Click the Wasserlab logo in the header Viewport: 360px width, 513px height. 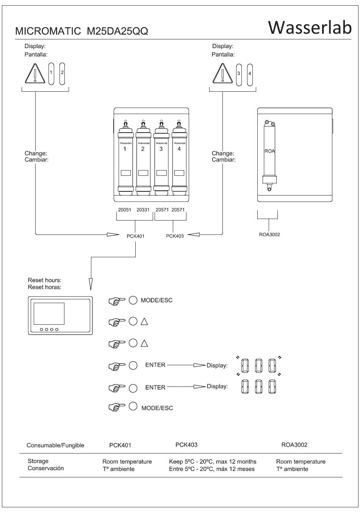tap(310, 28)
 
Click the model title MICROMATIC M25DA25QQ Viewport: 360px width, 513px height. tap(81, 31)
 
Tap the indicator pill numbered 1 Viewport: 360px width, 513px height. tap(51, 74)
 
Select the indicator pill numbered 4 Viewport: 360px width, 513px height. tap(250, 75)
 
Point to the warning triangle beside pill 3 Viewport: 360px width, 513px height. tap(222, 73)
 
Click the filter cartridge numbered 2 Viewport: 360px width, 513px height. tap(143, 158)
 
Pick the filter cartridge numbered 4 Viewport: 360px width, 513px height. tap(179, 158)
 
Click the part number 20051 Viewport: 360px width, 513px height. tap(125, 210)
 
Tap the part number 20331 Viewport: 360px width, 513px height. tap(143, 210)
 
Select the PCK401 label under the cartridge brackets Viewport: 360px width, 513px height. tap(136, 236)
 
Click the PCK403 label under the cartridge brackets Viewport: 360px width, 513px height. tap(175, 236)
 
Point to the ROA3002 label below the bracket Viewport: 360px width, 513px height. tap(269, 235)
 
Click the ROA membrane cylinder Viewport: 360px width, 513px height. tap(269, 156)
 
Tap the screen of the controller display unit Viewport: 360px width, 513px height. tap(49, 314)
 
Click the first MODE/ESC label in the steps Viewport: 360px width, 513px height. tap(157, 300)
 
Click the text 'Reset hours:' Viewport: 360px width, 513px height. tap(44, 280)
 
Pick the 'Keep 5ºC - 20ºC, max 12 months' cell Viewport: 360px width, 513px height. tap(213, 461)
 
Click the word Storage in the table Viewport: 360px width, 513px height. tap(38, 461)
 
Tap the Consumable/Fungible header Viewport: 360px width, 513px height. tap(55, 445)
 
